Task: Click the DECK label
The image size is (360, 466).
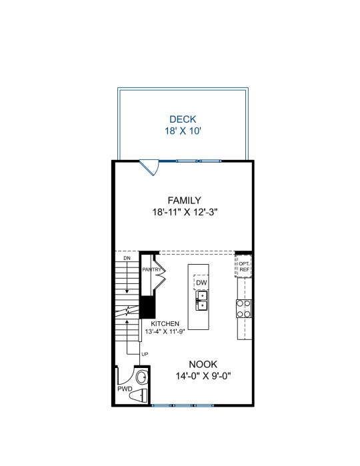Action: (183, 119)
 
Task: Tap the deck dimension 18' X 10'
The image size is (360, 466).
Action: (183, 131)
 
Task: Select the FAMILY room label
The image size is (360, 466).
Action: (184, 200)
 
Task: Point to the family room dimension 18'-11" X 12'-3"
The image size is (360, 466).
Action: (185, 212)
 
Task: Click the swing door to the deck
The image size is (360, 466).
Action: (150, 167)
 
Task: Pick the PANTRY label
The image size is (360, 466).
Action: (151, 269)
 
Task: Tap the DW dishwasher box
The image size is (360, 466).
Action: (201, 283)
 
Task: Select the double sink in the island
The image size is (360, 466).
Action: (201, 301)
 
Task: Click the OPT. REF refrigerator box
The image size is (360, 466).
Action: (244, 267)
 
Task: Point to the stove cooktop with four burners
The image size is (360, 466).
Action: (244, 309)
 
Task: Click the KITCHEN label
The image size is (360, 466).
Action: (165, 323)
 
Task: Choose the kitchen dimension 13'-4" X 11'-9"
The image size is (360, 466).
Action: (165, 332)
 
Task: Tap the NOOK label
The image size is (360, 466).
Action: (203, 365)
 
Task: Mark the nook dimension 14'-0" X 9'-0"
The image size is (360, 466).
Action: (203, 376)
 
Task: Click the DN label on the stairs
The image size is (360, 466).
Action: (127, 258)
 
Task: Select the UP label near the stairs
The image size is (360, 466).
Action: (145, 354)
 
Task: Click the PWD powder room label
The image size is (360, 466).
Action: (125, 389)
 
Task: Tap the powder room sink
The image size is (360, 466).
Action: (141, 377)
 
